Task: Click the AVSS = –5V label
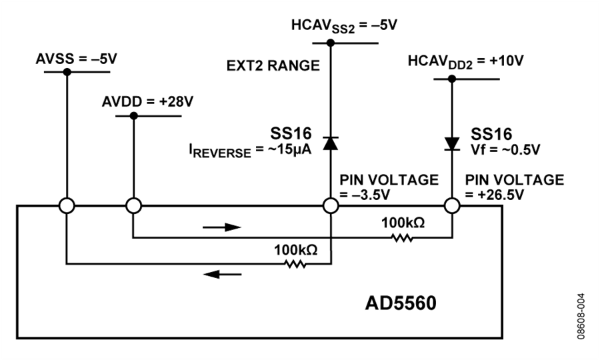coord(77,59)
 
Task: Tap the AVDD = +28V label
coord(147,102)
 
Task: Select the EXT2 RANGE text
coord(273,66)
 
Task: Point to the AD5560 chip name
coord(400,303)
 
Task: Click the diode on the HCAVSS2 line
coord(331,143)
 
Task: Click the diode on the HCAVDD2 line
coord(452,144)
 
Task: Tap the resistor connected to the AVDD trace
coord(402,239)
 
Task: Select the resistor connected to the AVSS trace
coord(295,264)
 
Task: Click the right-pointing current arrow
coord(222,227)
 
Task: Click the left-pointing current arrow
coord(222,274)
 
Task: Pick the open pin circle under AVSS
coord(67,206)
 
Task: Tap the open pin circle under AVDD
coord(133,206)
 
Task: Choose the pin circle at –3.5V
coord(331,206)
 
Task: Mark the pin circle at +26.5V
coord(452,206)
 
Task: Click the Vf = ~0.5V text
coord(505,150)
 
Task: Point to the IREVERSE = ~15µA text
coord(250,151)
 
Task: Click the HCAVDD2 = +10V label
coord(465,61)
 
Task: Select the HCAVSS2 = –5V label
coord(344,26)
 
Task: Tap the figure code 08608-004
coord(581,316)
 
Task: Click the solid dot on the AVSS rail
coord(67,72)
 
